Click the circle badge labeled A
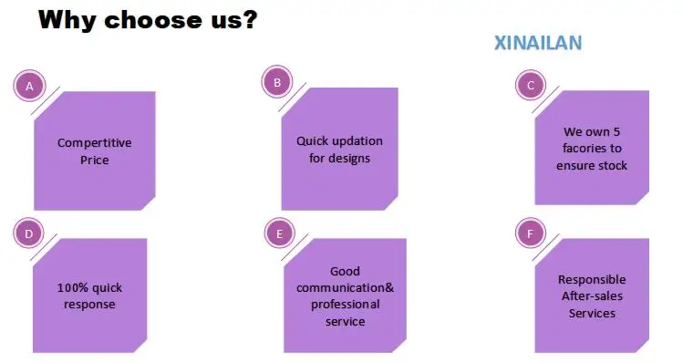29,86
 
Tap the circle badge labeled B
277,82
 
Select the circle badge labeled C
531,85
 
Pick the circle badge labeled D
29,233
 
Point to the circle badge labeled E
280,233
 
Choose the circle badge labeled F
531,233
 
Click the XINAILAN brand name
538,43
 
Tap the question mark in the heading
249,19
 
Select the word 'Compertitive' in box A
95,143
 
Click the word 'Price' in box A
95,160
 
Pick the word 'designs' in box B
349,158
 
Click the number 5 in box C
616,131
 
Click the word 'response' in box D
89,305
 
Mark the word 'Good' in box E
345,271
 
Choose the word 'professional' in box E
345,305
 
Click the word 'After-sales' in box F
592,296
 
